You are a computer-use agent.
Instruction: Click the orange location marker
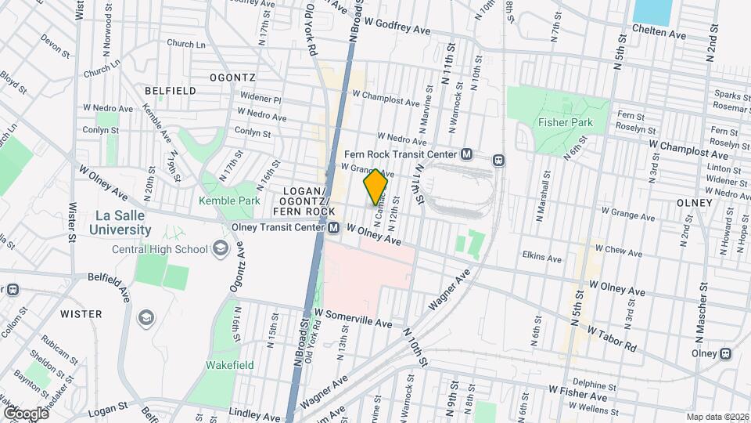[x=375, y=186]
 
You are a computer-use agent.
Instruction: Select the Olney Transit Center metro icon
[x=334, y=228]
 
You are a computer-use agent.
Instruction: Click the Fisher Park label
[x=565, y=122]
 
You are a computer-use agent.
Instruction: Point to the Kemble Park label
[x=228, y=201]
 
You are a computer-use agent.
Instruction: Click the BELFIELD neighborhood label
[x=170, y=91]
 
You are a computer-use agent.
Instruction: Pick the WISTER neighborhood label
[x=81, y=314]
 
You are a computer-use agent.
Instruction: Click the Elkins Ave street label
[x=543, y=257]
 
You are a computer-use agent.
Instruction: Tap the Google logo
[x=25, y=413]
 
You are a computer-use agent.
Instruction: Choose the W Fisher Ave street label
[x=578, y=389]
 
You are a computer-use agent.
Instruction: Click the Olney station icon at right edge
[x=726, y=353]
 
